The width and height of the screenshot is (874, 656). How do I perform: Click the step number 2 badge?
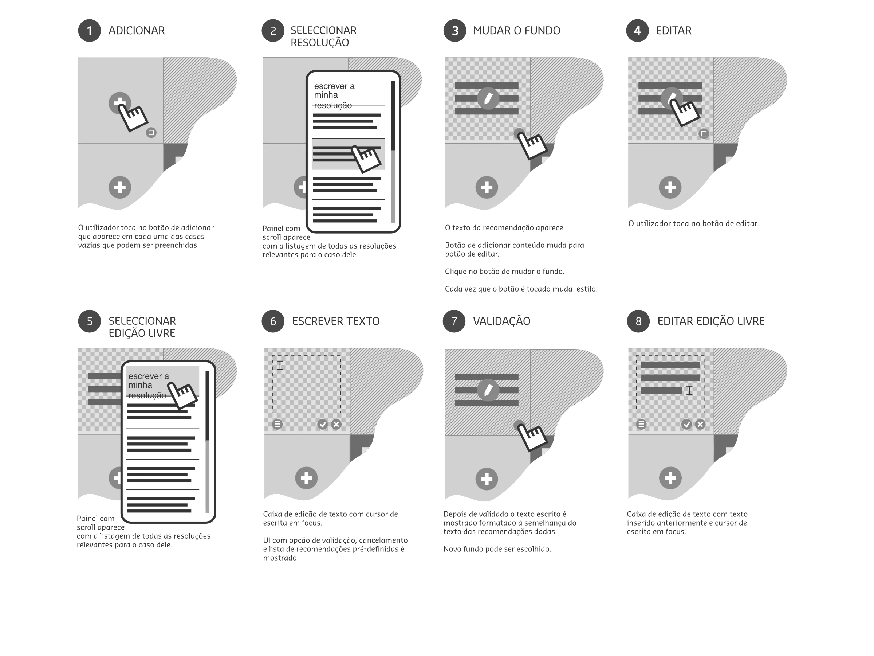pyautogui.click(x=273, y=31)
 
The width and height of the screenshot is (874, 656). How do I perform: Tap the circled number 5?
pyautogui.click(x=89, y=321)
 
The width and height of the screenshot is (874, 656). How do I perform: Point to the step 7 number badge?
pyautogui.click(x=454, y=321)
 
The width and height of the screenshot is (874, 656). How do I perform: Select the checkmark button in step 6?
pyautogui.click(x=322, y=424)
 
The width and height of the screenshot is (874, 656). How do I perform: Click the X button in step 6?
pyautogui.click(x=336, y=424)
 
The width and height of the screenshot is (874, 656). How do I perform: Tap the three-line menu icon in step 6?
pyautogui.click(x=277, y=424)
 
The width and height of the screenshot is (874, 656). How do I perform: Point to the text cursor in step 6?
pyautogui.click(x=280, y=366)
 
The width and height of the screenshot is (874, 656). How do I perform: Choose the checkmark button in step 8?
pyautogui.click(x=686, y=424)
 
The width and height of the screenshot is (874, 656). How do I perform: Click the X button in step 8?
pyautogui.click(x=700, y=424)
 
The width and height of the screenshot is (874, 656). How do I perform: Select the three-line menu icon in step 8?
pyautogui.click(x=641, y=424)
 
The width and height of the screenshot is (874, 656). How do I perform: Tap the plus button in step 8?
pyautogui.click(x=670, y=478)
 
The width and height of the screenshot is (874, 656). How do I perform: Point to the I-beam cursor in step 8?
pyautogui.click(x=689, y=390)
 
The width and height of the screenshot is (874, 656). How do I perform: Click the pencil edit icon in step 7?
pyautogui.click(x=488, y=390)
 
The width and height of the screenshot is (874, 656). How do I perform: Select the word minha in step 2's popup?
pyautogui.click(x=326, y=95)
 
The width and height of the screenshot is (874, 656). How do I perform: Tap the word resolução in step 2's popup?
pyautogui.click(x=333, y=105)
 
